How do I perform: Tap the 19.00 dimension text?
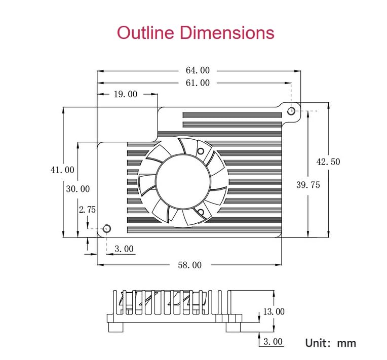click(125, 94)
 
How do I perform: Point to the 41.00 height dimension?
click(62, 170)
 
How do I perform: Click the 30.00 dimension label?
click(78, 189)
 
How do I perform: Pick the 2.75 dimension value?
click(87, 209)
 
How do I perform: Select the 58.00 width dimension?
click(189, 265)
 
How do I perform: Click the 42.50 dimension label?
click(328, 162)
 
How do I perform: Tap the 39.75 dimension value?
click(308, 185)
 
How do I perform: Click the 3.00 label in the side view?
click(273, 342)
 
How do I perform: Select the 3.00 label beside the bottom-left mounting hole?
click(124, 249)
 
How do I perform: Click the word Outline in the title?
click(146, 33)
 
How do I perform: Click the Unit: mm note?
click(330, 343)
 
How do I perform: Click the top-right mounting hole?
click(291, 111)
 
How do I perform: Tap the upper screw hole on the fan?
click(201, 150)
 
